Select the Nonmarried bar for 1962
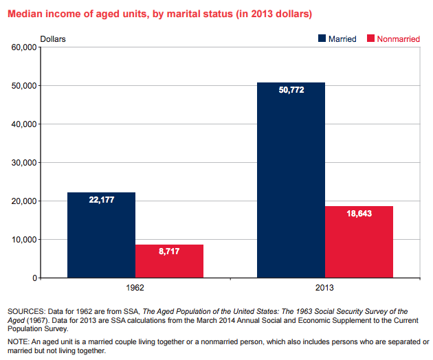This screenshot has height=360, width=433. [169, 262]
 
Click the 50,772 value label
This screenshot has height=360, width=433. [291, 91]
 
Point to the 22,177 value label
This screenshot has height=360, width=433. [102, 200]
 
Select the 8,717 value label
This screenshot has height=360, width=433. [169, 252]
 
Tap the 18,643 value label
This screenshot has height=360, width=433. [359, 214]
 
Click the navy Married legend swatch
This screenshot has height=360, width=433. [322, 38]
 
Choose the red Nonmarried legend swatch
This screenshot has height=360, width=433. [372, 38]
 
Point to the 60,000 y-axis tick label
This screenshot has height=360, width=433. [23, 47]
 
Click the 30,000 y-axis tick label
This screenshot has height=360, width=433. [23, 163]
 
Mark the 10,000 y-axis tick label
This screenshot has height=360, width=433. [23, 240]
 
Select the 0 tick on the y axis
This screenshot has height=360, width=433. [33, 278]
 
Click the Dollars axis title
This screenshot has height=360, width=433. [53, 38]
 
